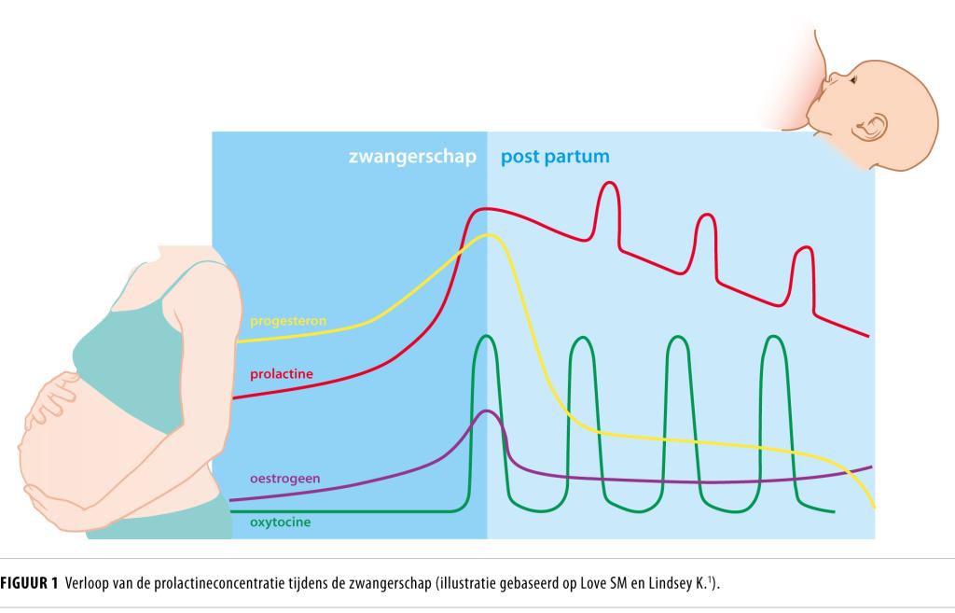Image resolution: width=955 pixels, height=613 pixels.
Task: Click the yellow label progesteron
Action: point(287,321)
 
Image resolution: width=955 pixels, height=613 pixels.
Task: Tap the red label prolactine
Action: point(281,374)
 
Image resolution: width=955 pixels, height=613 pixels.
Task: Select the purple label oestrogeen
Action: point(285,479)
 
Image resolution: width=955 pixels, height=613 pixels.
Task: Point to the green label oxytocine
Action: point(280,522)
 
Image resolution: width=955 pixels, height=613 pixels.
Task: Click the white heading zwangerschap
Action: point(412,157)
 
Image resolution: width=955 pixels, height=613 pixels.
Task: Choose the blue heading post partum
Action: point(555,157)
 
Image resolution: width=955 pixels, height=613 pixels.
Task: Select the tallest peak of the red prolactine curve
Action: point(608,184)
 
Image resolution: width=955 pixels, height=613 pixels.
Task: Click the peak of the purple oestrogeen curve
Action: point(485,411)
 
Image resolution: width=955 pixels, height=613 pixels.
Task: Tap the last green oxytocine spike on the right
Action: point(774,338)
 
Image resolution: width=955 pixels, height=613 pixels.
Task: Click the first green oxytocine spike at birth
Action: point(486,338)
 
